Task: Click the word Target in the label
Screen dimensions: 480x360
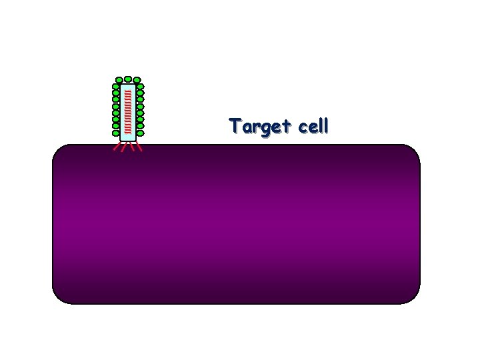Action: click(254, 126)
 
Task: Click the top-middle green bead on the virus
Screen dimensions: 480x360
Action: click(127, 79)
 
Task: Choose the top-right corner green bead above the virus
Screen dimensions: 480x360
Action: click(137, 80)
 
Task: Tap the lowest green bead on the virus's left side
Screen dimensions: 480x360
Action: click(115, 133)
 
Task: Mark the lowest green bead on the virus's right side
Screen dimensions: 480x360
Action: click(140, 133)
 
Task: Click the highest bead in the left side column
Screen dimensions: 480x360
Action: click(115, 87)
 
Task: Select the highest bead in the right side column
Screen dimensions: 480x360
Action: click(140, 87)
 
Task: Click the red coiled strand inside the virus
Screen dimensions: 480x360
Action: click(127, 110)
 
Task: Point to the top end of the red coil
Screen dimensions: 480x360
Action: click(127, 90)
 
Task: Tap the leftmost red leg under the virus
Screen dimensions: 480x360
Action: click(117, 148)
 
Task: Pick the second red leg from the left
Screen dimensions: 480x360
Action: click(124, 148)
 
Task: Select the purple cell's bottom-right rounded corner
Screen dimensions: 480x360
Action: click(414, 298)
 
